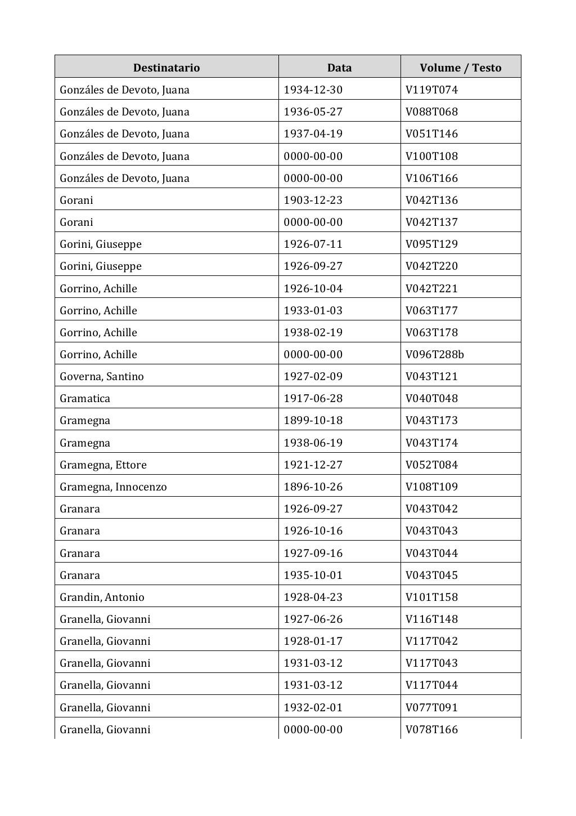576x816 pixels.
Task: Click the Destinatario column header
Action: [166, 68]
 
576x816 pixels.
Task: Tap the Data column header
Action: [339, 68]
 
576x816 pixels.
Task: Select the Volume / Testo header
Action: [460, 68]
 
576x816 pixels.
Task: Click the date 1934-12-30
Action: [313, 90]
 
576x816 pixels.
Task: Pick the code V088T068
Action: [431, 112]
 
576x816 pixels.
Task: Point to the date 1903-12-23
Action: [313, 200]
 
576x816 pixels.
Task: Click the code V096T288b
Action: [434, 354]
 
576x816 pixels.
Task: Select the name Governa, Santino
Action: [102, 376]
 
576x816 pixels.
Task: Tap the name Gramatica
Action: [85, 398]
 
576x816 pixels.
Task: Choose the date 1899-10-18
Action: [313, 420]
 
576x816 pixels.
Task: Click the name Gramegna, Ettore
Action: [103, 465]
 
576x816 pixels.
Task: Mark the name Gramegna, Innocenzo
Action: [113, 487]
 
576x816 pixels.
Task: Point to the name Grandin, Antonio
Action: [102, 597]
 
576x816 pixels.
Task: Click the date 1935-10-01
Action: [313, 575]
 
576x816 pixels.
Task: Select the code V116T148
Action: [431, 619]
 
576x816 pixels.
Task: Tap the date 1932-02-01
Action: [313, 707]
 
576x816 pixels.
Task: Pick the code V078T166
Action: [431, 729]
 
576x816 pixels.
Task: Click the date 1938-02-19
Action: [313, 332]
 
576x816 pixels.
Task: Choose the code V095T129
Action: [431, 244]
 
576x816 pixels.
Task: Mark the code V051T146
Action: [431, 133]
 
